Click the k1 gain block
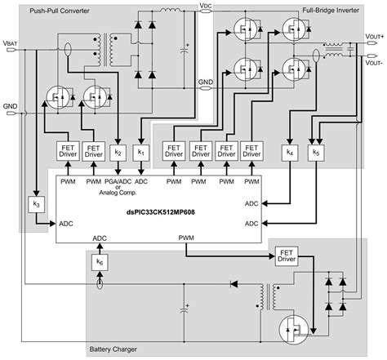pos(140,152)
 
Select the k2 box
pos(118,152)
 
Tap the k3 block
pos(34,203)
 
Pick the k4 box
pos(290,152)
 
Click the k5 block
pos(315,152)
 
